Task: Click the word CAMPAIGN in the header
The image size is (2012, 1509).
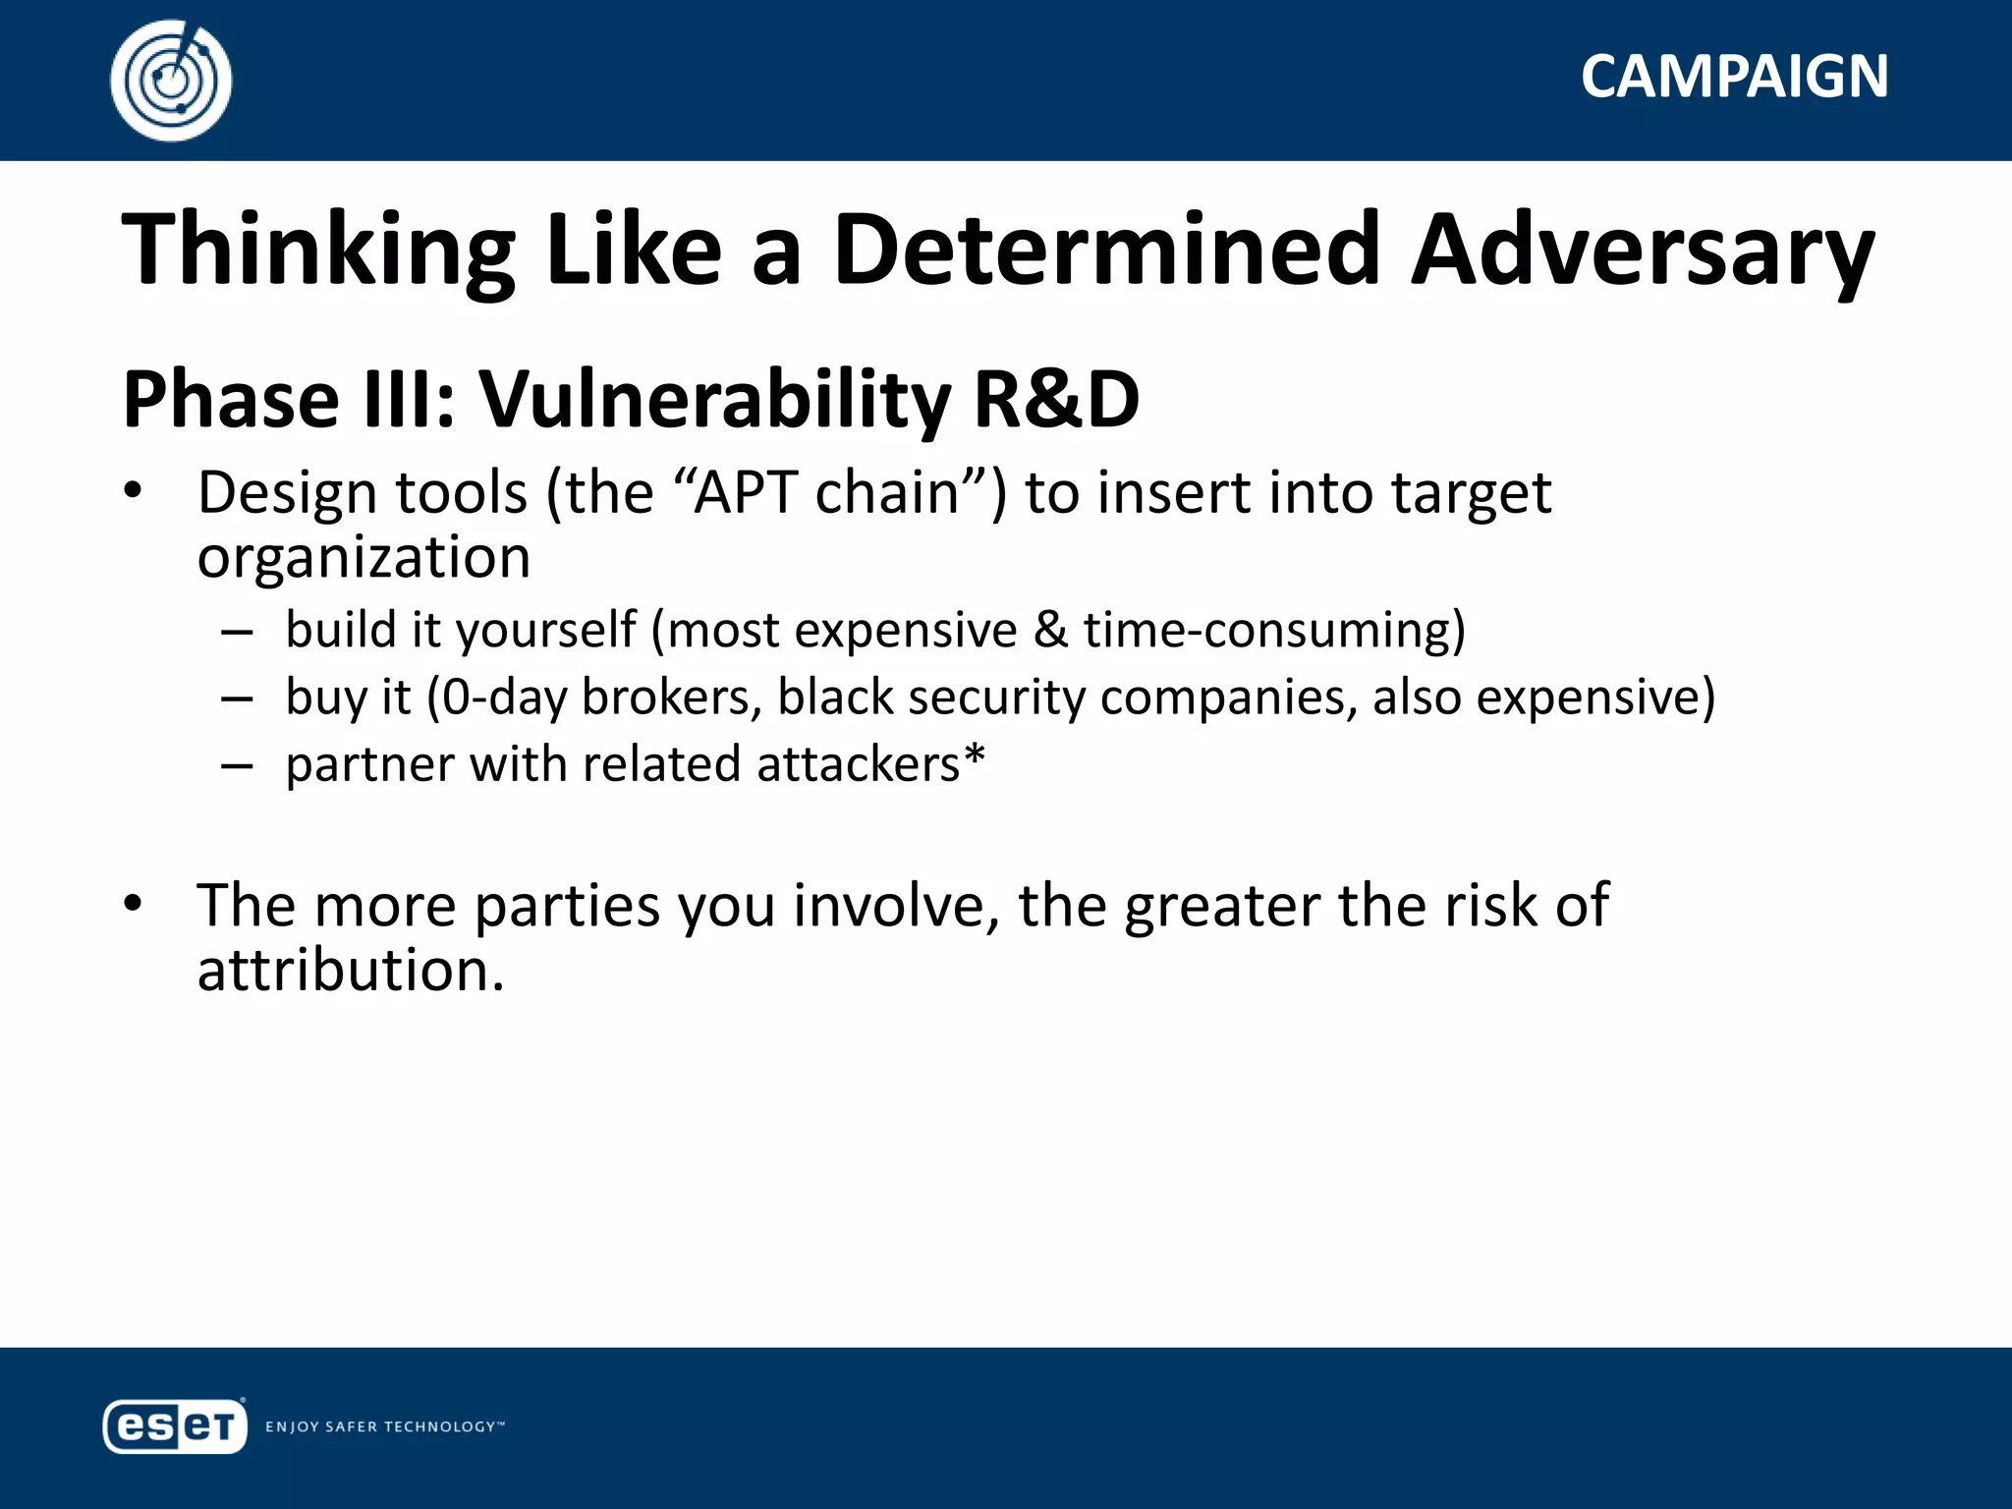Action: pos(1734,77)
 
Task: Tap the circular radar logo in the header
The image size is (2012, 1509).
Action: pos(171,81)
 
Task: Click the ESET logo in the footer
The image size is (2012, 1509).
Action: pos(174,1425)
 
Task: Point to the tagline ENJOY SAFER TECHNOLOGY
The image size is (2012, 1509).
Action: pos(384,1426)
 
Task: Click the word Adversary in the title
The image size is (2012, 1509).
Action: pos(1643,251)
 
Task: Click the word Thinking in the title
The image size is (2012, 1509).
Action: pos(318,251)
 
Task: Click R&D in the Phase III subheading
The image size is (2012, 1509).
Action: pos(1056,400)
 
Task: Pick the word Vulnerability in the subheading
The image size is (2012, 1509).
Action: pos(714,400)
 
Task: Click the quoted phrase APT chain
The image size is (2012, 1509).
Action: pos(826,492)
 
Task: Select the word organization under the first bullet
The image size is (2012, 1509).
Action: pos(363,557)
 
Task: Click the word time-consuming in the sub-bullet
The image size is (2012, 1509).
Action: pos(1274,630)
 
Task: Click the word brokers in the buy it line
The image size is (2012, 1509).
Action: pos(672,698)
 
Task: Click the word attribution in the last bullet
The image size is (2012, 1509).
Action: pos(350,971)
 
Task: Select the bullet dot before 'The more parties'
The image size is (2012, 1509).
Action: pos(134,903)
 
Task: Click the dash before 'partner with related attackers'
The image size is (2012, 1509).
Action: pos(237,766)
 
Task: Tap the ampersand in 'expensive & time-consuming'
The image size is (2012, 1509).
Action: pos(1050,630)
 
